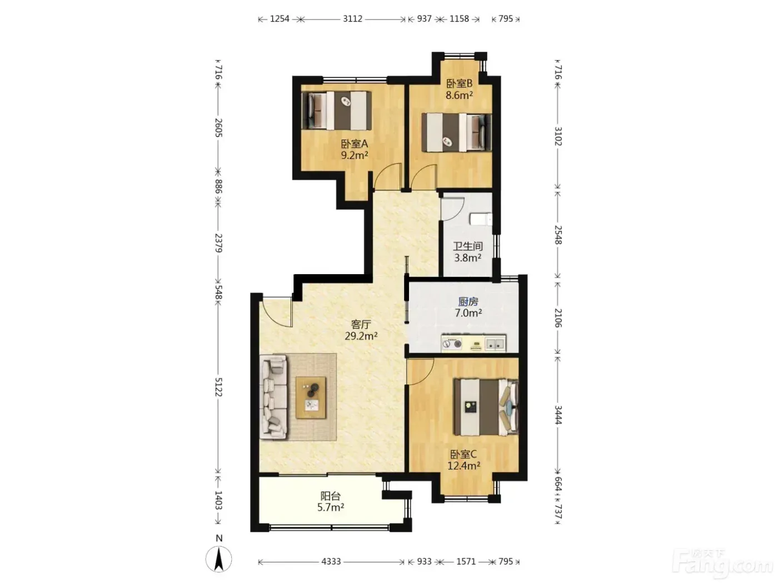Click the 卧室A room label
click(x=355, y=143)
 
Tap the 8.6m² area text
click(x=460, y=95)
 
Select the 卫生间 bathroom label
click(x=468, y=246)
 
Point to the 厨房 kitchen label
click(x=468, y=302)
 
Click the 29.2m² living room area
click(x=361, y=336)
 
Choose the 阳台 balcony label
click(x=330, y=496)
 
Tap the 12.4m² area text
click(x=463, y=466)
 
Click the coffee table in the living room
click(x=311, y=398)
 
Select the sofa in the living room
click(x=273, y=398)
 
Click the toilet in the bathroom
click(x=481, y=219)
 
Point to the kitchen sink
click(x=495, y=344)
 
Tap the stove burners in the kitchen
click(x=452, y=343)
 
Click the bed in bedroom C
click(x=486, y=407)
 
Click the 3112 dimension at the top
click(x=352, y=18)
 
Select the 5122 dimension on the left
click(x=218, y=387)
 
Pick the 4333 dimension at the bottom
click(x=331, y=561)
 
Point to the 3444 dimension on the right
click(x=558, y=415)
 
